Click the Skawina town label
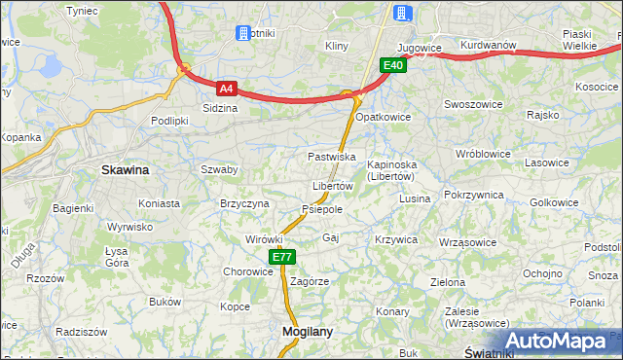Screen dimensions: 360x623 [126, 169]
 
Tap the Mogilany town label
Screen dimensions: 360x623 [307, 331]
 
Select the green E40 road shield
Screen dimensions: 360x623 [392, 65]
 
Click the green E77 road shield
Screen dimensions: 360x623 [282, 257]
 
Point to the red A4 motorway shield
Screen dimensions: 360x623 [226, 88]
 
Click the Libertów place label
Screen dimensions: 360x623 [332, 186]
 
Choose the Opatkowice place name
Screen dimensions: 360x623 [384, 117]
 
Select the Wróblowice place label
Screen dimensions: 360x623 [484, 154]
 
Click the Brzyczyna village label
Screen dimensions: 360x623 [244, 203]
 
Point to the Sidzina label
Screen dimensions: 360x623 [220, 108]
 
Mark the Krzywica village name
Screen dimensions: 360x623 [395, 239]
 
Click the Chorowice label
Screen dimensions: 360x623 [248, 272]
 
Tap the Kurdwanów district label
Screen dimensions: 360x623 [488, 45]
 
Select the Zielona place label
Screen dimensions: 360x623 [448, 282]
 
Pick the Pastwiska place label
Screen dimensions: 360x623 [331, 156]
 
